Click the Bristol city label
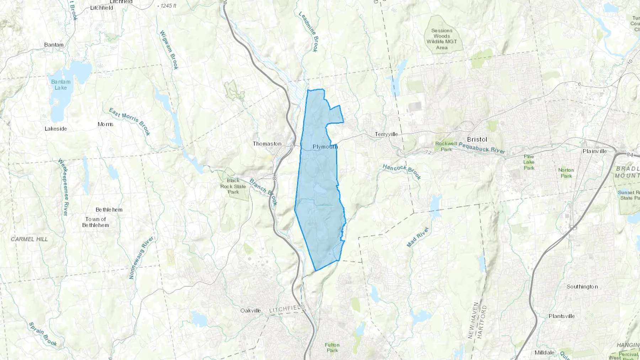point(477,139)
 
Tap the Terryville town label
point(386,134)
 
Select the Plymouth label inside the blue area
point(325,146)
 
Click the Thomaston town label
point(267,144)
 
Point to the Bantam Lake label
point(61,85)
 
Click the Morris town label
point(106,124)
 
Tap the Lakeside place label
point(56,129)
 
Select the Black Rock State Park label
point(233,186)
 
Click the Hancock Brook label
point(402,172)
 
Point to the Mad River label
point(418,237)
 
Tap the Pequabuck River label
point(482,147)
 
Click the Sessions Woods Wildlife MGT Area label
point(442,39)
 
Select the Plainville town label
point(595,151)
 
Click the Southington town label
point(582,286)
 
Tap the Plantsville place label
point(561,316)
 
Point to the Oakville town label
point(251,310)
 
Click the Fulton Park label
point(332,347)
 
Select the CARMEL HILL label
point(29,239)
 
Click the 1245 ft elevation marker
point(168,6)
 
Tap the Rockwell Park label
point(446,146)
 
